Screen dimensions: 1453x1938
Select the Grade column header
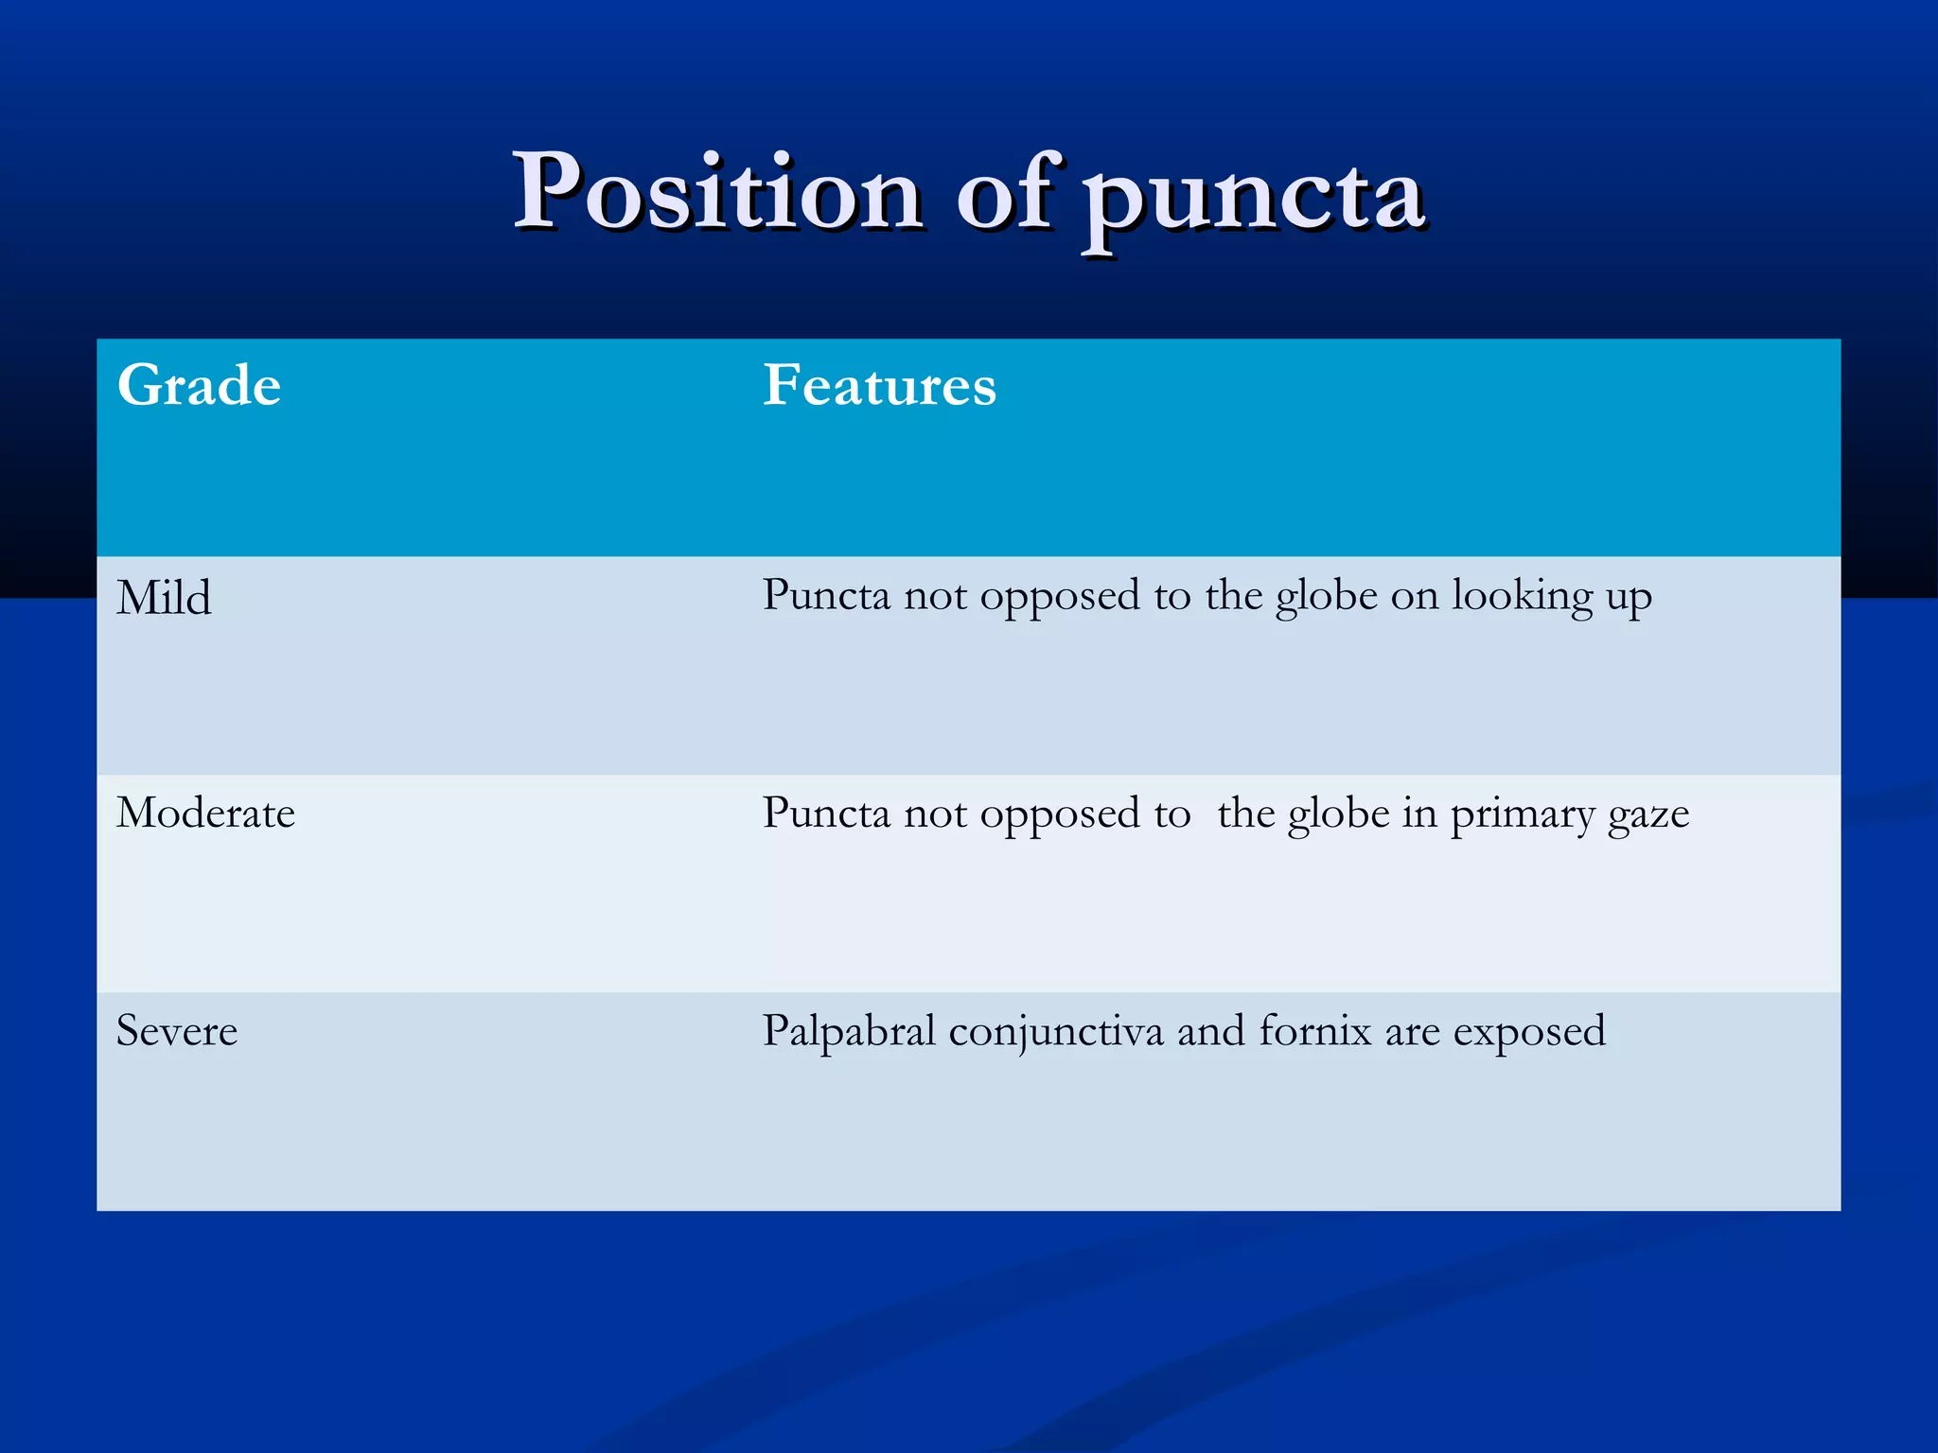[x=199, y=386]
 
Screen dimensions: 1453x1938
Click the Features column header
[x=879, y=386]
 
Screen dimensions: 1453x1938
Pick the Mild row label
[x=164, y=599]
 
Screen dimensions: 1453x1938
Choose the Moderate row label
[x=205, y=814]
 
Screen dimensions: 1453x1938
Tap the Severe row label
[x=177, y=1031]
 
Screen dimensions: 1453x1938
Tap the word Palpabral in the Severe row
[x=849, y=1031]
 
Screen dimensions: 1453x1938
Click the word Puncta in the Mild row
[x=826, y=596]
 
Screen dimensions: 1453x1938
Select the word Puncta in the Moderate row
[x=826, y=814]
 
